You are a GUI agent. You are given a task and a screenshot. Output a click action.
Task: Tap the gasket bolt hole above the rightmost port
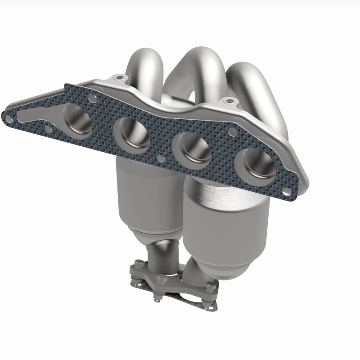(233, 131)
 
